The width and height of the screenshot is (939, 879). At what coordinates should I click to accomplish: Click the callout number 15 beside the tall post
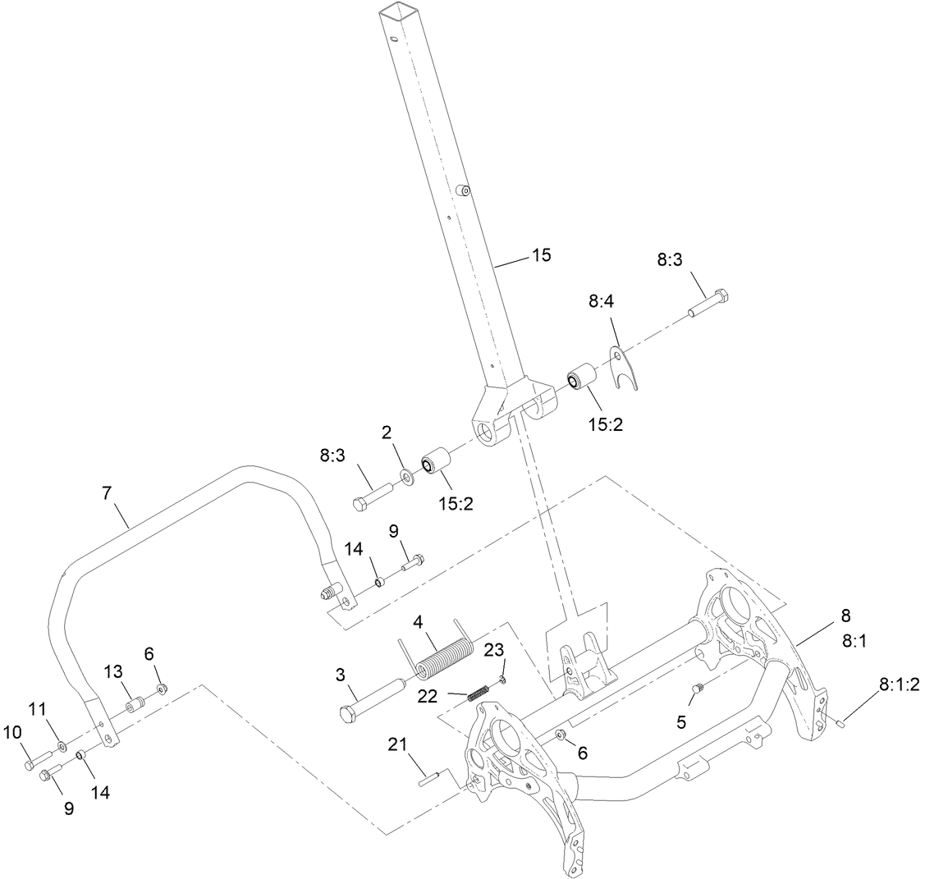(x=541, y=255)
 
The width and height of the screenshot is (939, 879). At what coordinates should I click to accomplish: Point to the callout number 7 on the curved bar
(x=106, y=493)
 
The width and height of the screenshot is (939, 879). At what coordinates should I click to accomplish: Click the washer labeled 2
(x=405, y=476)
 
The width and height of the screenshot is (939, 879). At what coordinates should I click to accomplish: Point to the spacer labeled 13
(x=134, y=705)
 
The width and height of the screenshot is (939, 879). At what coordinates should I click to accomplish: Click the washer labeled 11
(x=63, y=748)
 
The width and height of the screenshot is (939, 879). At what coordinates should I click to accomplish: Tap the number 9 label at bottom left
(x=69, y=808)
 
